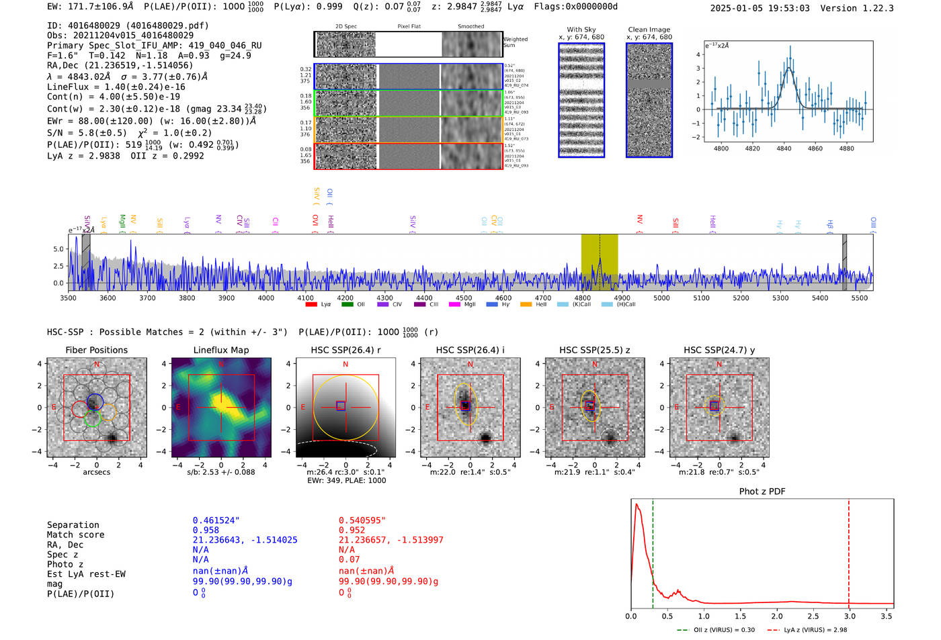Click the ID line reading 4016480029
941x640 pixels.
click(x=128, y=26)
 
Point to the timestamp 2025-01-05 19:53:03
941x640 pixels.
click(x=760, y=8)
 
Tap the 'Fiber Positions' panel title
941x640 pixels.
click(x=96, y=350)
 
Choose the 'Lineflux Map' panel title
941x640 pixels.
click(x=220, y=350)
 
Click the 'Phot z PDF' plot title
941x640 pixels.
click(x=762, y=492)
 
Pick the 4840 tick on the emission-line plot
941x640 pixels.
click(x=784, y=148)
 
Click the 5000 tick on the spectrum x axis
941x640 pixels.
click(x=661, y=298)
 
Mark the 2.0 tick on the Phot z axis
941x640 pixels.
click(x=777, y=616)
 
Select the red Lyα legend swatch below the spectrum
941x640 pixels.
click(x=311, y=304)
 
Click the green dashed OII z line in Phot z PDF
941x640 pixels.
click(x=653, y=551)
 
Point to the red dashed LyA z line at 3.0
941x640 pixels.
click(x=849, y=551)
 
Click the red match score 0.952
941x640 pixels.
click(x=352, y=530)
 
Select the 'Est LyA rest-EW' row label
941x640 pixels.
click(x=86, y=574)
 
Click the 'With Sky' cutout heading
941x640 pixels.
click(x=581, y=30)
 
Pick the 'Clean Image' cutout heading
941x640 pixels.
click(x=649, y=30)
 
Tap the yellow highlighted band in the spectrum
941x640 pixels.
click(x=599, y=262)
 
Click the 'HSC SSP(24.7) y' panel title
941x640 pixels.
click(x=719, y=350)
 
